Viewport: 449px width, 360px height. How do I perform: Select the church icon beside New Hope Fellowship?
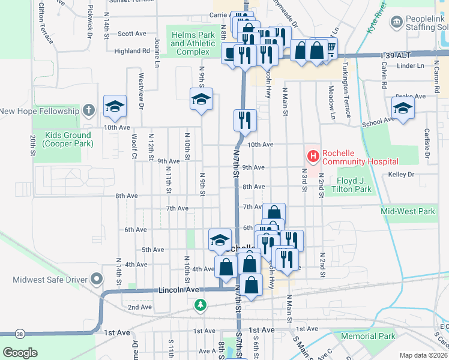pyautogui.click(x=89, y=110)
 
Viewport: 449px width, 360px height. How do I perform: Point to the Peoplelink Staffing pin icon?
pyautogui.click(x=396, y=22)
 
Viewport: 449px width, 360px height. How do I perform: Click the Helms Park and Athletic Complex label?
pyautogui.click(x=193, y=44)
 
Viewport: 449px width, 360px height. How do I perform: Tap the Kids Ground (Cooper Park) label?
pyautogui.click(x=63, y=139)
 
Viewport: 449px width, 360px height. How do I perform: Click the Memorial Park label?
pyautogui.click(x=368, y=337)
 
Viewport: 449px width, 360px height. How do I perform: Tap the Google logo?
pyautogui.click(x=20, y=352)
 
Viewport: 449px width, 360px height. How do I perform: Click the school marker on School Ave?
pyautogui.click(x=403, y=108)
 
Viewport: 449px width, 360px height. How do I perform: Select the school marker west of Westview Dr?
pyautogui.click(x=115, y=106)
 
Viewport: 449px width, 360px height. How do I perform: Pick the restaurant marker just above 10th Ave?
pyautogui.click(x=245, y=119)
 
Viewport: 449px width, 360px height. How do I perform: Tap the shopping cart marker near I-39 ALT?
pyautogui.click(x=328, y=47)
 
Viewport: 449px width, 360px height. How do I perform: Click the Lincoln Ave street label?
pyautogui.click(x=179, y=290)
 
